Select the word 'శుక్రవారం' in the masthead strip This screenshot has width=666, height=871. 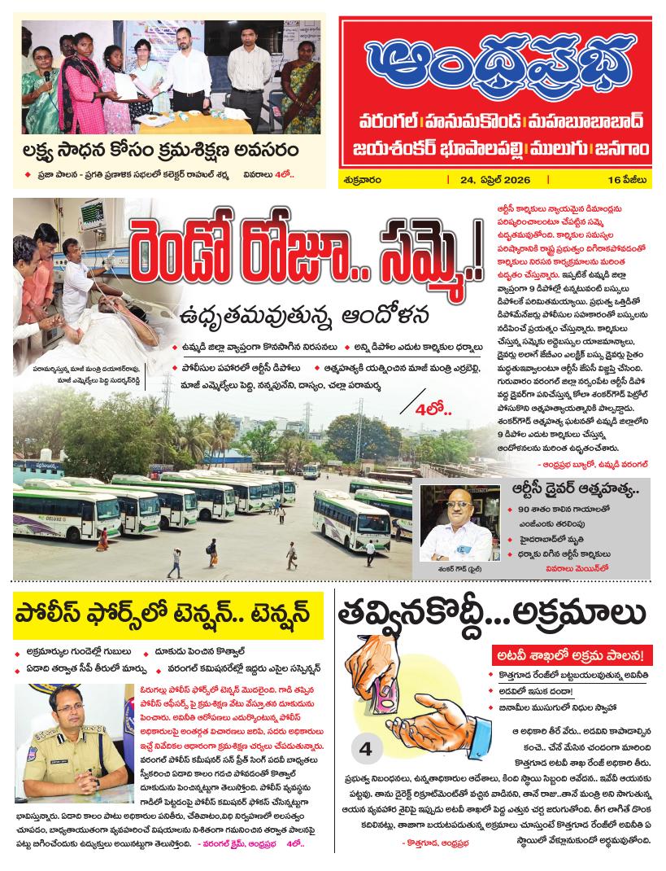pyautogui.click(x=363, y=179)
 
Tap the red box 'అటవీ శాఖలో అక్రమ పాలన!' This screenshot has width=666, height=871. pyautogui.click(x=572, y=654)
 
